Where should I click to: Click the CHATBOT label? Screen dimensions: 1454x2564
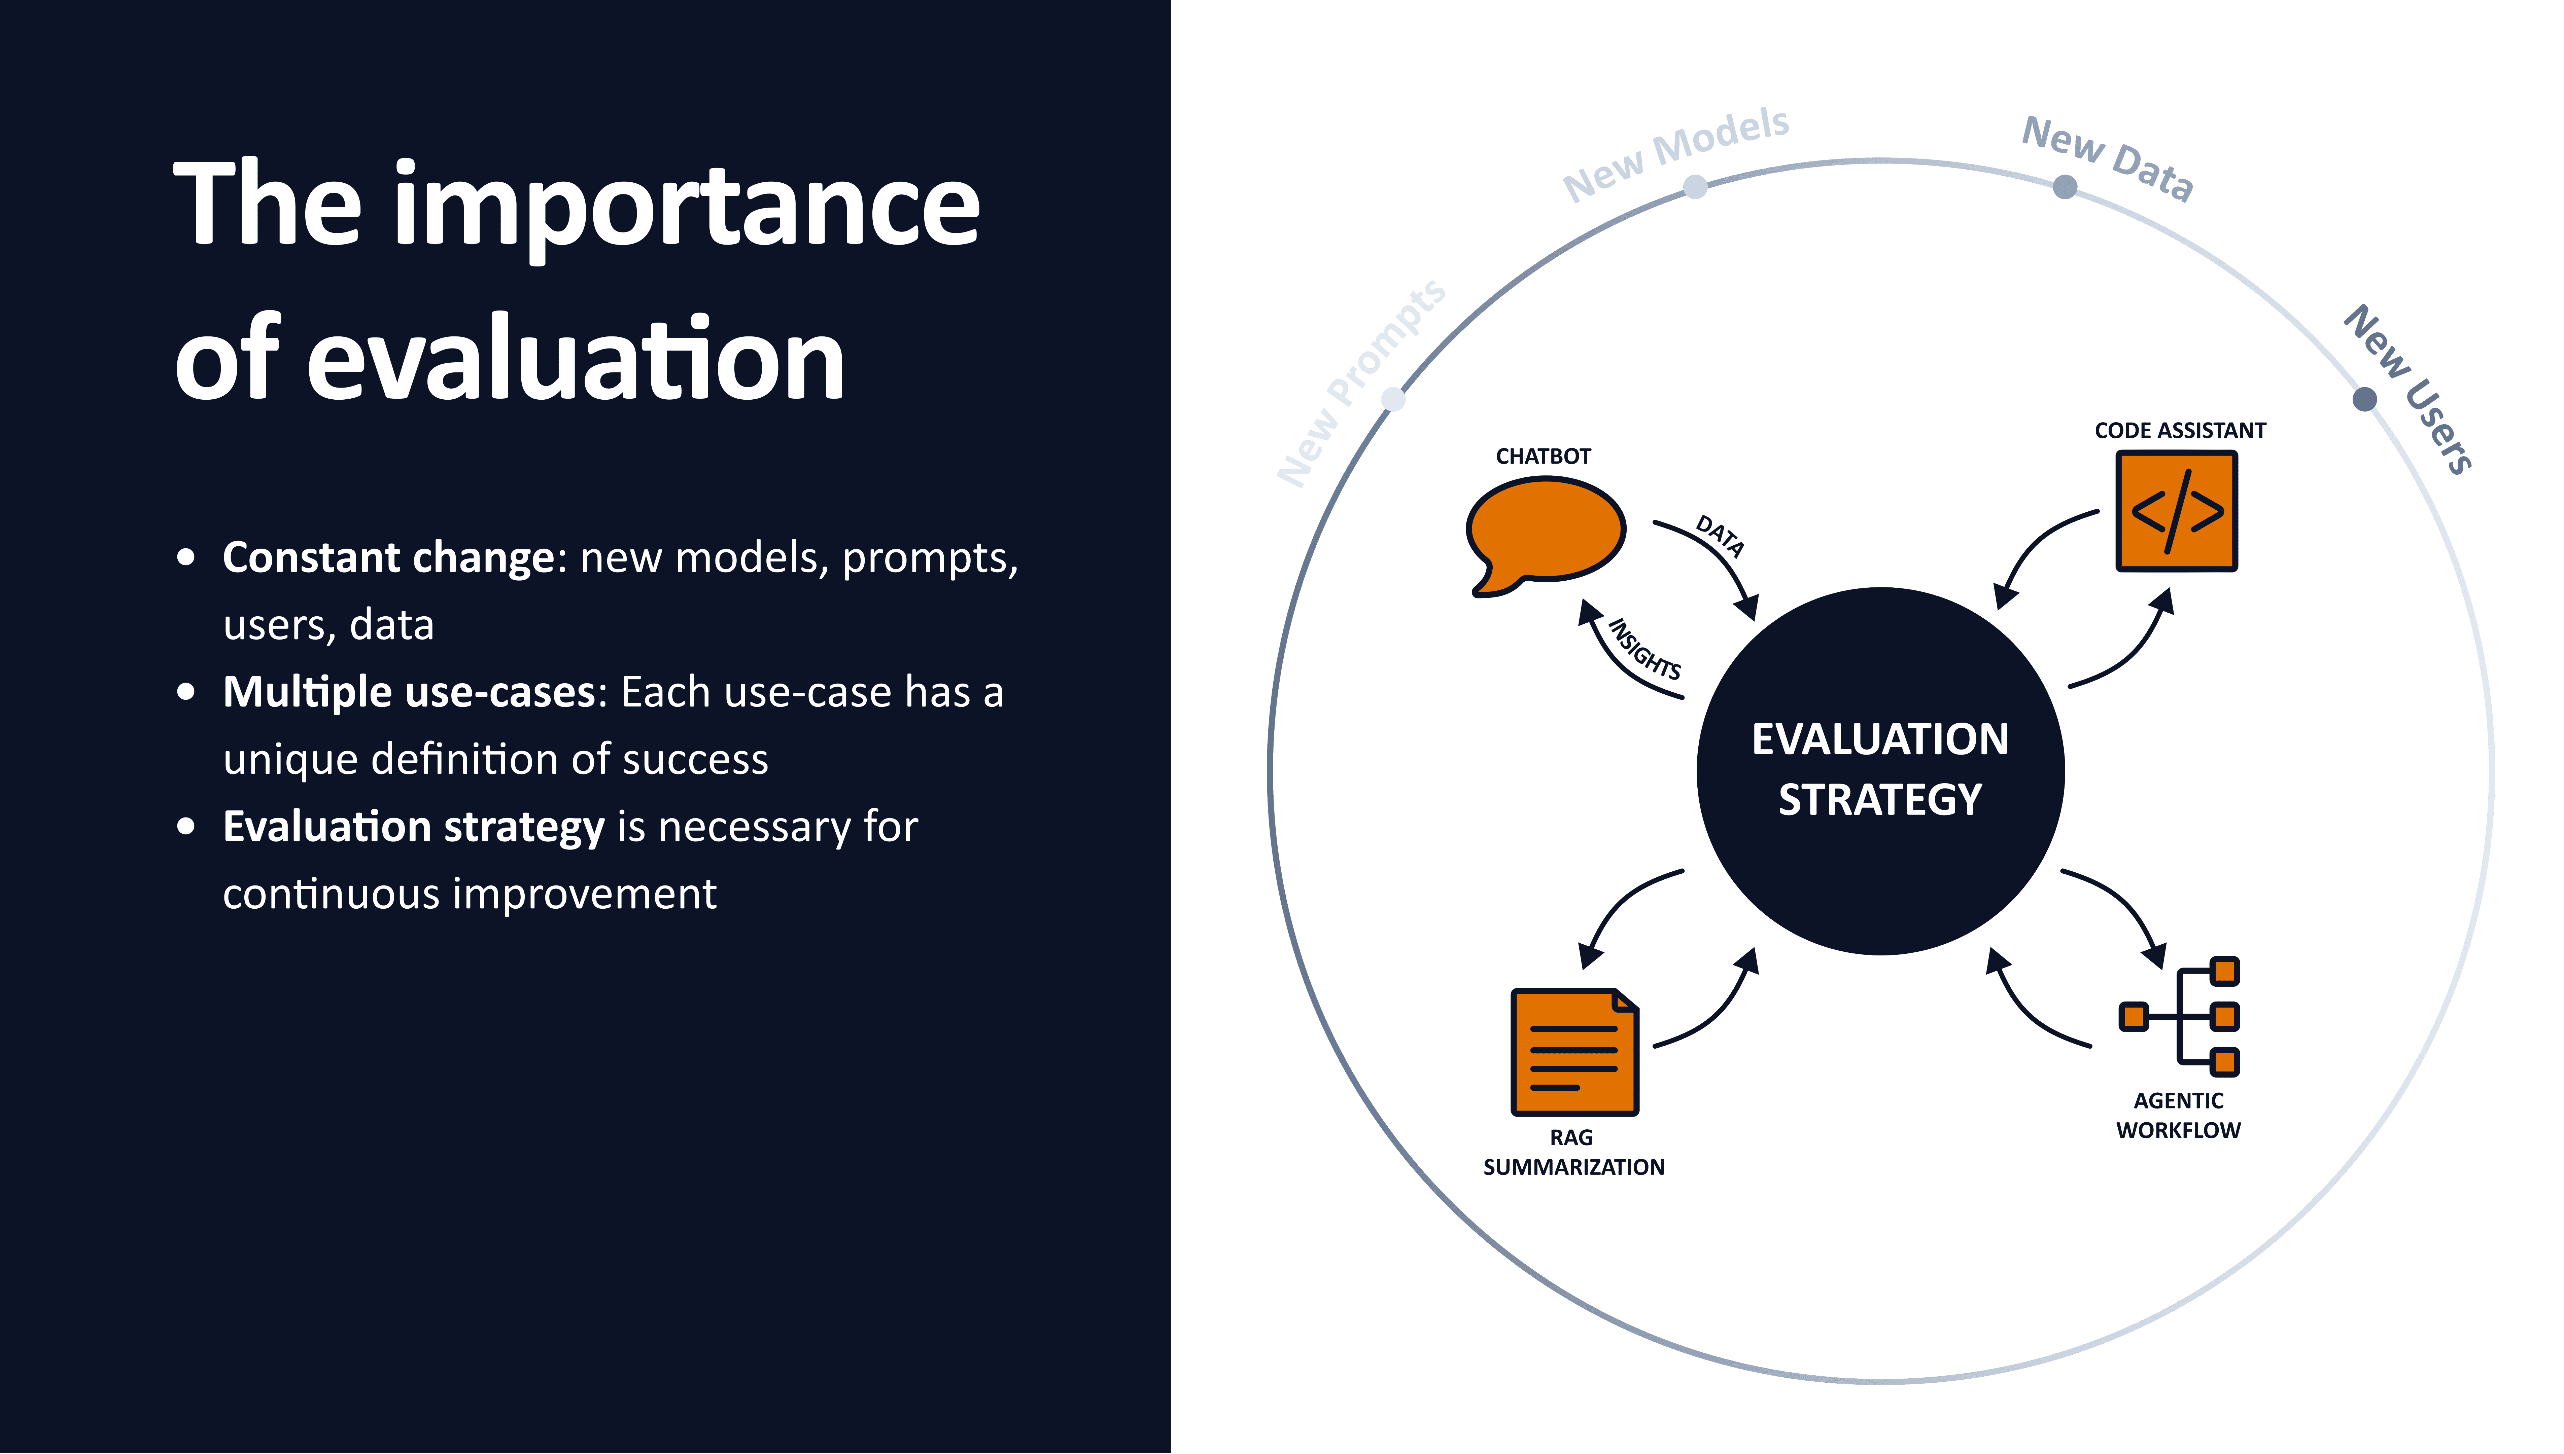tap(1543, 457)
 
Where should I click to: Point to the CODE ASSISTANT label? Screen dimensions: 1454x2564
tap(2179, 430)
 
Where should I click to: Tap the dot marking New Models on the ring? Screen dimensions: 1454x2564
tap(1695, 187)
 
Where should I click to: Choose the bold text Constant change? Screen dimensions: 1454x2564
tap(387, 557)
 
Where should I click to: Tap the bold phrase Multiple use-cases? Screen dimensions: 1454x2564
tap(410, 692)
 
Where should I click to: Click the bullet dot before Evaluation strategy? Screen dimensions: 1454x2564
tap(186, 827)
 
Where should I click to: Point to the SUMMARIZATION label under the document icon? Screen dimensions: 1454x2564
tap(1573, 1166)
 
